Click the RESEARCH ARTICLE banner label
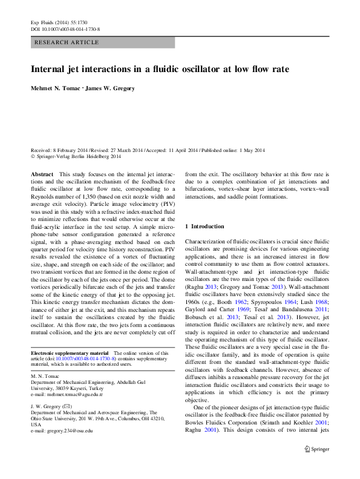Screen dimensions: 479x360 (67, 42)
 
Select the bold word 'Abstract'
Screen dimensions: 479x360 (42, 174)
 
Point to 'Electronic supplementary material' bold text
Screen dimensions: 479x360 (69, 352)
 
